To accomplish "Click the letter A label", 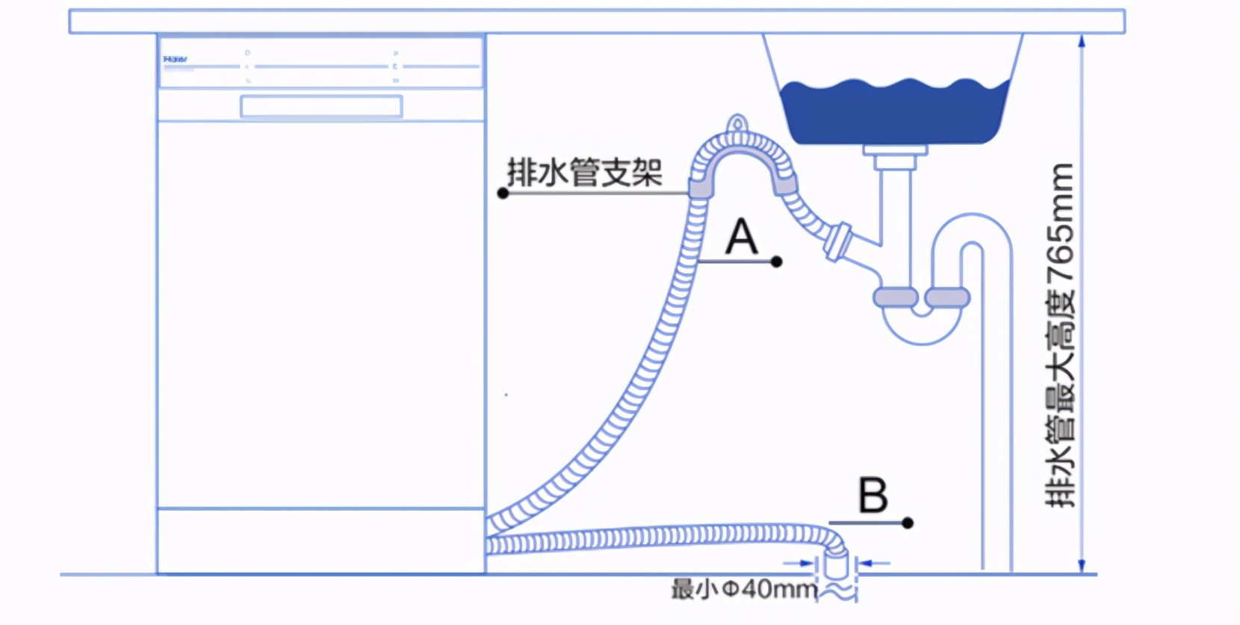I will (742, 237).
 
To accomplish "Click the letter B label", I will (872, 495).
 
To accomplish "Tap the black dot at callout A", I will (777, 262).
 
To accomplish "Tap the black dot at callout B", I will (908, 523).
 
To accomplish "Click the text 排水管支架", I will (584, 173).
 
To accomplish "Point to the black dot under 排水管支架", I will (503, 194).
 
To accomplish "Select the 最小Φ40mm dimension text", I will (744, 589).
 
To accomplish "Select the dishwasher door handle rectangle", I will (321, 106).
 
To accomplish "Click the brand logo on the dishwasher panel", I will (175, 59).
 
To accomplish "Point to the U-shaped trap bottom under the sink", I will (922, 333).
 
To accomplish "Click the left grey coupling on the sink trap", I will (896, 298).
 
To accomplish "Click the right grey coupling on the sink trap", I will (947, 298).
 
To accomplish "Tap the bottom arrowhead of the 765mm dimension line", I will (1082, 567).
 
